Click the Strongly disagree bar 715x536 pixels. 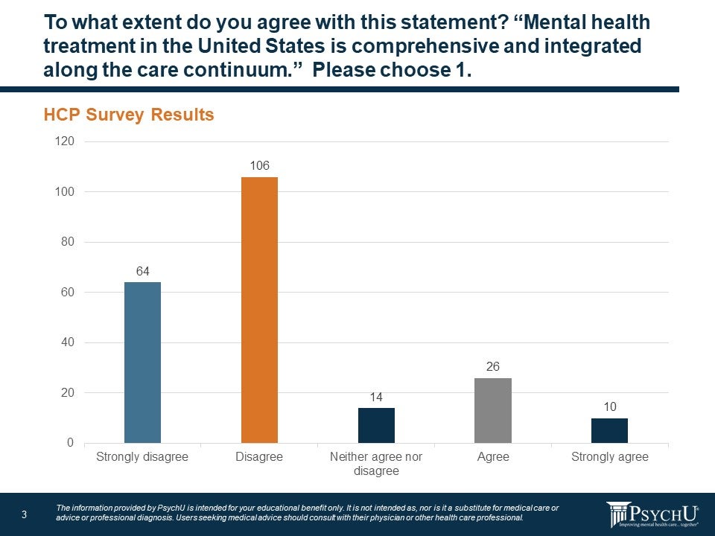[x=142, y=363]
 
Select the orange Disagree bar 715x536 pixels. [x=259, y=310]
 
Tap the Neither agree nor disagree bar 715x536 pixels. [x=376, y=425]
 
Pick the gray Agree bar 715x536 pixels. [x=493, y=410]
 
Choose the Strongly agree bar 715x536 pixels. [x=609, y=430]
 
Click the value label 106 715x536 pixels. [x=259, y=165]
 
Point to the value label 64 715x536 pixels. [x=142, y=271]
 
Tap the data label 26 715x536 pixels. [x=493, y=366]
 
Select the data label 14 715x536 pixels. [x=376, y=397]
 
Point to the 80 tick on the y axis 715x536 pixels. [x=66, y=242]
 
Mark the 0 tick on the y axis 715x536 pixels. [x=70, y=443]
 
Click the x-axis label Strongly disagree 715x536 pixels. [x=142, y=457]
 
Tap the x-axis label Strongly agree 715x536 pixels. [x=609, y=457]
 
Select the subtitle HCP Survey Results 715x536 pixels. [x=129, y=115]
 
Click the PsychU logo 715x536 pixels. [x=652, y=514]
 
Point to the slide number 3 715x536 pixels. [x=25, y=514]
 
